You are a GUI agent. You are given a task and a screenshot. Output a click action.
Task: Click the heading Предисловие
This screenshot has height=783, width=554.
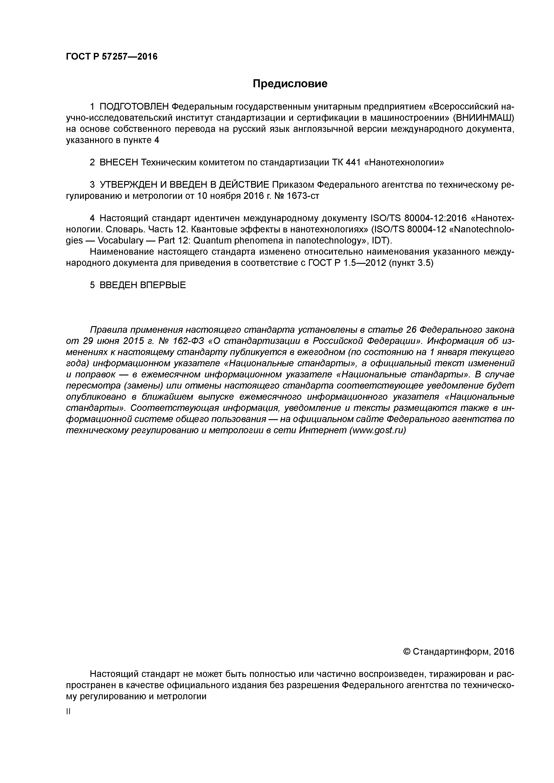point(290,83)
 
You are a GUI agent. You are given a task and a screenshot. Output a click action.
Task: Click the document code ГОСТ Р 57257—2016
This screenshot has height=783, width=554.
point(112,56)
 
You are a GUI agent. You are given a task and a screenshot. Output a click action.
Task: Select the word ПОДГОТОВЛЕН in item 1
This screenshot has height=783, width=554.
point(134,107)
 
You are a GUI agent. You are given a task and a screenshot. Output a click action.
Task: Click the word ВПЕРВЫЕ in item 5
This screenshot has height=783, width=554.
point(163,285)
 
